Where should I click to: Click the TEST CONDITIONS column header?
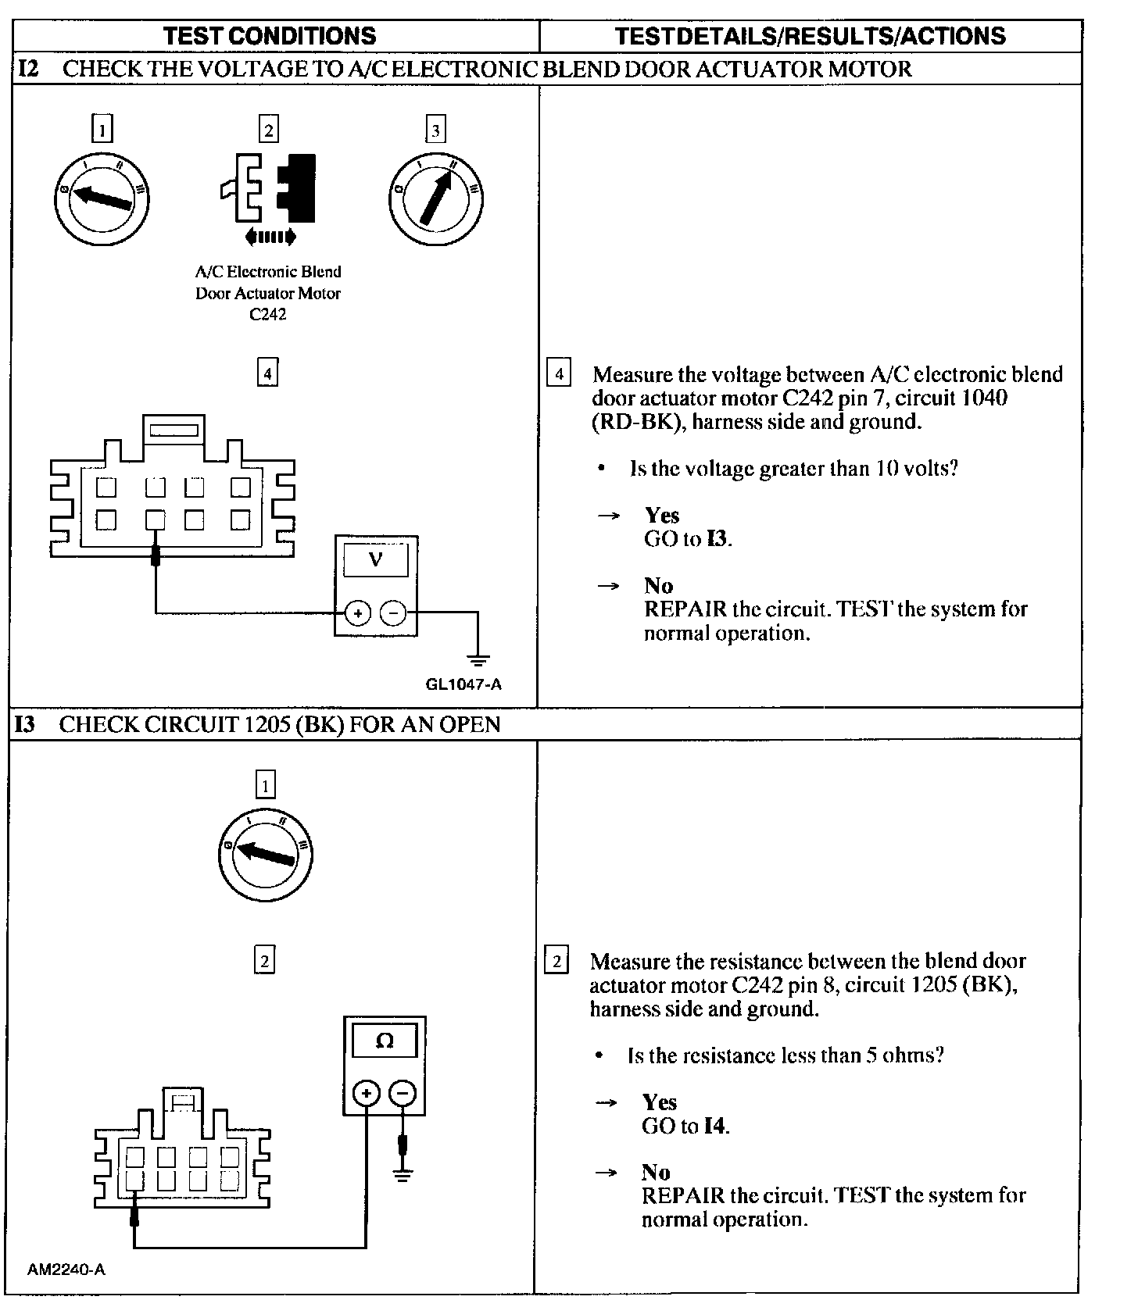(x=270, y=36)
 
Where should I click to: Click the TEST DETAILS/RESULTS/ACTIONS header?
(x=811, y=36)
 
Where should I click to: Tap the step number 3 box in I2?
(x=435, y=129)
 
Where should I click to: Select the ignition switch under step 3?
(x=435, y=196)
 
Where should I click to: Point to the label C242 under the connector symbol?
(x=267, y=315)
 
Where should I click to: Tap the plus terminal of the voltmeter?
(x=357, y=613)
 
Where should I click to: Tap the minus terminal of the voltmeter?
(x=393, y=613)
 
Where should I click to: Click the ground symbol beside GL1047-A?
(x=478, y=659)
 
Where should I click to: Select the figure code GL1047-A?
(x=463, y=685)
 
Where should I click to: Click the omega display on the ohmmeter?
(x=385, y=1041)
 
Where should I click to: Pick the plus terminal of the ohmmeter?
(x=367, y=1092)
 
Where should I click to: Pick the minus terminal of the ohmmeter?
(x=402, y=1092)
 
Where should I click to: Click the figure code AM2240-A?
(x=66, y=1269)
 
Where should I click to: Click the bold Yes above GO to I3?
(x=662, y=516)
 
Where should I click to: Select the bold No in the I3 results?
(x=656, y=1173)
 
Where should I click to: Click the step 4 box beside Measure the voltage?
(x=558, y=373)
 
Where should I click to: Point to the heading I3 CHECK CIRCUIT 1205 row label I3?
(x=25, y=724)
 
